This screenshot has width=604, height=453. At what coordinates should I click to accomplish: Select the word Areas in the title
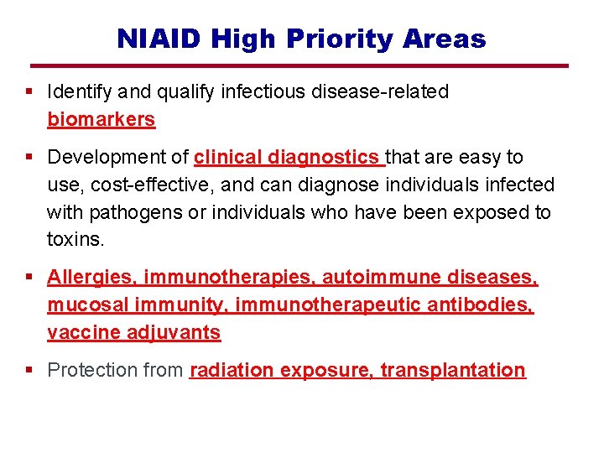coord(445,39)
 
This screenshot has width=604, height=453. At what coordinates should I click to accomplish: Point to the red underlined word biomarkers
coord(102,119)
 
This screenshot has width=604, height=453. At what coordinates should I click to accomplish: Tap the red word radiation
coord(232,370)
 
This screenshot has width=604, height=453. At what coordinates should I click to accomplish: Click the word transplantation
coord(453,370)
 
